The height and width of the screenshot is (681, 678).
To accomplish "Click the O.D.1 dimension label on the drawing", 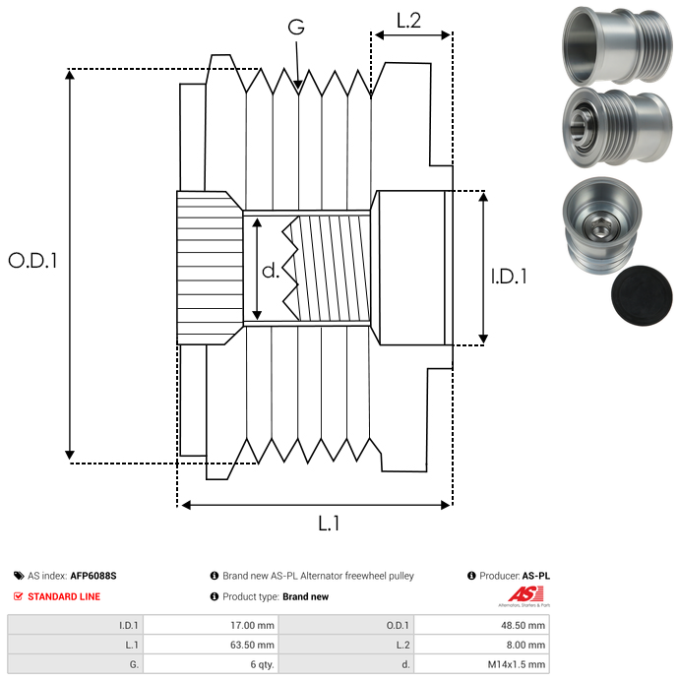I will click(32, 261).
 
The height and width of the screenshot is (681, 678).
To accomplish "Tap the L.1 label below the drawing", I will click(329, 525).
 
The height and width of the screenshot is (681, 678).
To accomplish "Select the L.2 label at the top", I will click(408, 20).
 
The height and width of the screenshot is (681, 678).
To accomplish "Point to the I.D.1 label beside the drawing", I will click(509, 278).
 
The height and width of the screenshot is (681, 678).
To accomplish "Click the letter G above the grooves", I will click(296, 29).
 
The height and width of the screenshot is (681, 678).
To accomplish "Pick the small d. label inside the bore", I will click(272, 270).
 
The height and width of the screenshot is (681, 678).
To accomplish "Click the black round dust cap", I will click(641, 303).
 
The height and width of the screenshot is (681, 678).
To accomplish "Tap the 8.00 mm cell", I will click(528, 644).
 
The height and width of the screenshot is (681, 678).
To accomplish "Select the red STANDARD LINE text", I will click(64, 596).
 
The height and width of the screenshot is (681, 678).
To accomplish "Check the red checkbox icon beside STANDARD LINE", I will click(18, 596).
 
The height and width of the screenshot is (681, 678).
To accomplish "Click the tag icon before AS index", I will click(18, 576).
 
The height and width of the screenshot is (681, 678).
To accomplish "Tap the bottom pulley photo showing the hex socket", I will click(600, 224).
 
